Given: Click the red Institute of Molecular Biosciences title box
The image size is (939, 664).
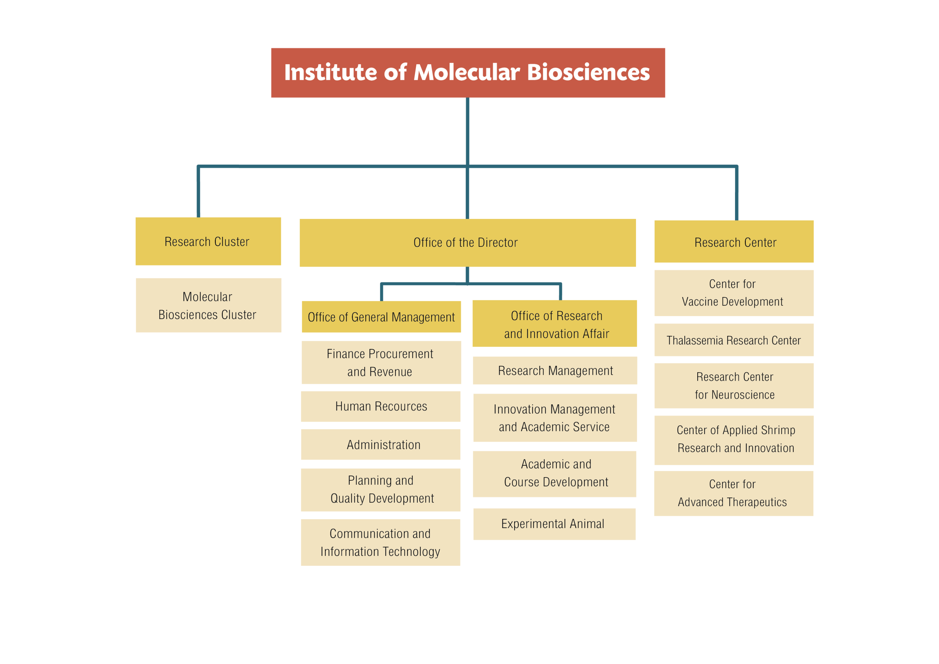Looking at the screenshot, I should coord(468,73).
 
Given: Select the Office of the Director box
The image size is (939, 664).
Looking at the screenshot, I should coord(467,243).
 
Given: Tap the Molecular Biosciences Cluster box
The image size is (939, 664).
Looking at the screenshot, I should coord(209,305).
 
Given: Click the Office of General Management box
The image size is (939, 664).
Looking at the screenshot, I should coord(381,317).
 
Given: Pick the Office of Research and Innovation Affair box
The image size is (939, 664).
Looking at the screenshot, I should coord(555,324).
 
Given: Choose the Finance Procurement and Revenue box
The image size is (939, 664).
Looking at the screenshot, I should coord(381,363).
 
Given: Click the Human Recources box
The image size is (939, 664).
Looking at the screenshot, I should coord(381,406).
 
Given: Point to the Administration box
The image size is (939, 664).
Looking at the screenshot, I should coord(381,444).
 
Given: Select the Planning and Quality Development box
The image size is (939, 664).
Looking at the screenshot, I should coord(381,489).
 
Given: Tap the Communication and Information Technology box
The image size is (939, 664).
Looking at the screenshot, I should coord(381,543).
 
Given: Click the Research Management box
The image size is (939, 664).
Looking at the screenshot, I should coord(555,371).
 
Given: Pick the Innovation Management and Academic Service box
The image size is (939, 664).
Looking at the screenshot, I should coord(555,418).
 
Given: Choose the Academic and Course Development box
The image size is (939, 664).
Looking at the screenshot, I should coord(555,474).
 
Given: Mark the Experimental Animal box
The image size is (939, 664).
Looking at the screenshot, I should coord(555,524).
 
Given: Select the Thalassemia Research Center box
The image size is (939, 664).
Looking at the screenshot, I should coord(734,340).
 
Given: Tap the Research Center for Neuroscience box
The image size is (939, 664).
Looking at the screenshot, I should coord(734,386).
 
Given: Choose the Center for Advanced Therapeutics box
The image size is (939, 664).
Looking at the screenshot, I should coord(734,494).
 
